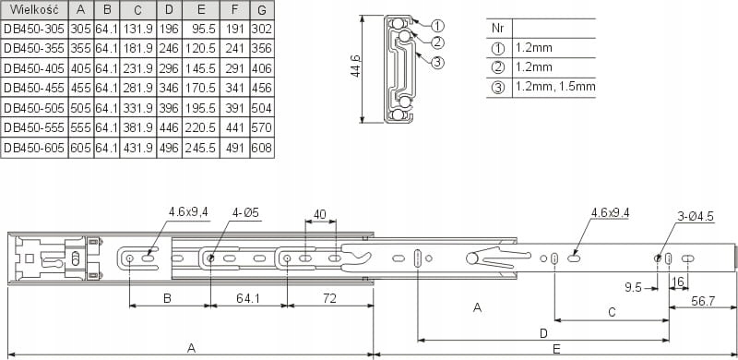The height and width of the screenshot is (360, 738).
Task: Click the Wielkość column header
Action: point(34,9)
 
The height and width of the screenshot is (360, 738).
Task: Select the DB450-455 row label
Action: point(34,88)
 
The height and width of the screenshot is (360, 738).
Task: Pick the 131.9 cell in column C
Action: point(137,30)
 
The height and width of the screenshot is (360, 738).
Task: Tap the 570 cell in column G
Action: point(262,127)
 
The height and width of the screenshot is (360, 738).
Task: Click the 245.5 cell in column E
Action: point(200,148)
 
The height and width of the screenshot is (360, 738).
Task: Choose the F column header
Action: point(234,9)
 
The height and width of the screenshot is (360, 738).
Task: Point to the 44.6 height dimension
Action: point(355,66)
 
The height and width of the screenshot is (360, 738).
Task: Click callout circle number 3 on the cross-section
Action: point(437,62)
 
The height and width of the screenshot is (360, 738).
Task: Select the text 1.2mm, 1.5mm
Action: point(555,87)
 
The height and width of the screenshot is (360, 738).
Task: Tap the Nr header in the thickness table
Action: point(497,28)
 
